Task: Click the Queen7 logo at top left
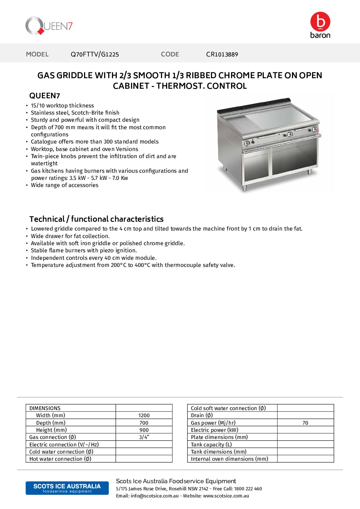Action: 49,26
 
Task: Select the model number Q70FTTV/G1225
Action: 95,54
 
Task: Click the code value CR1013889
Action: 222,54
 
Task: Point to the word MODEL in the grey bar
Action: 37,54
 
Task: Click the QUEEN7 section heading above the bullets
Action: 45,96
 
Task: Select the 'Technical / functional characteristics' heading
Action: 96,219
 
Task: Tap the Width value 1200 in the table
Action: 144,415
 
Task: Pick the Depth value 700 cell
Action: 144,423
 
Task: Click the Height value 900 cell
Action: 144,430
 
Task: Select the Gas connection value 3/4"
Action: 144,437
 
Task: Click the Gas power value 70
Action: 305,423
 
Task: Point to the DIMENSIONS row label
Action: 45,408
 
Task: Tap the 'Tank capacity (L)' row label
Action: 211,445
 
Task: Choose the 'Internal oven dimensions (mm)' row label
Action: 229,459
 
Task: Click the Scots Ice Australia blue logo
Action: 67,488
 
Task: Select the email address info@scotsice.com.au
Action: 154,496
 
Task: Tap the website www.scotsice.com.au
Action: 226,496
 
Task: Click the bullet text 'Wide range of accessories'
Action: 65,185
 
